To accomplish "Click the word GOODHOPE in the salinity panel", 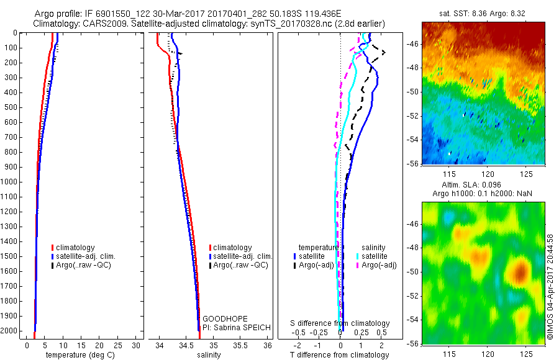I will pos(222,318).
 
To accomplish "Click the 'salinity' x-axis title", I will pos(208,355).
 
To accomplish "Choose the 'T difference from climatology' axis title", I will pos(340,355).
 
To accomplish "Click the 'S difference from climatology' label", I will pos(340,323).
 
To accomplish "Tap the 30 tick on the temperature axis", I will pos(137,345).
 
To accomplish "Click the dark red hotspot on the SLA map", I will pos(520,271).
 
